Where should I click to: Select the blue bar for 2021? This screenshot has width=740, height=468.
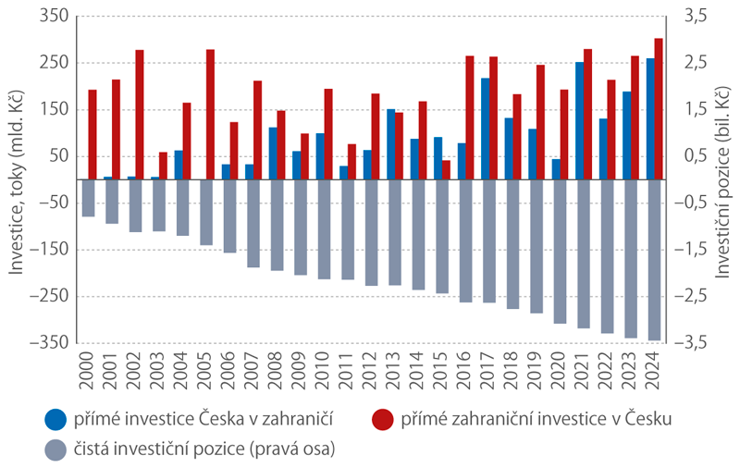click(579, 120)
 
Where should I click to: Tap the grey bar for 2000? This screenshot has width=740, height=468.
click(89, 197)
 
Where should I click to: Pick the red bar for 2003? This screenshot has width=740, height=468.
click(164, 165)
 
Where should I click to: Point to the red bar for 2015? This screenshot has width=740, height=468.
click(446, 169)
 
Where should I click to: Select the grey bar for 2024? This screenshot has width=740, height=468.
click(654, 259)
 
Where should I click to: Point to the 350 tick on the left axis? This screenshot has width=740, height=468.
click(55, 16)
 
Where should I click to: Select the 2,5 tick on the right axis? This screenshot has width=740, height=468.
click(696, 63)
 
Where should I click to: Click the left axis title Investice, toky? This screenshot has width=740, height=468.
click(17, 180)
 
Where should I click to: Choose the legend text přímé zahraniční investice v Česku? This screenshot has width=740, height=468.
click(536, 419)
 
